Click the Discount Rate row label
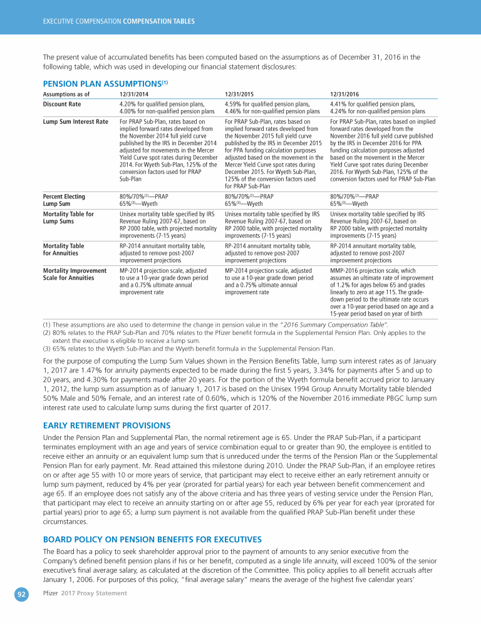[x=61, y=105]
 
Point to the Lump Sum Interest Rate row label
[x=75, y=122]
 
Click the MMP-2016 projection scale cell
[x=381, y=290]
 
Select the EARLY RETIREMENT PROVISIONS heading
[x=106, y=425]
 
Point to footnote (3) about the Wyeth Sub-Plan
[x=188, y=349]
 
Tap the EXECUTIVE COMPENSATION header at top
[x=118, y=21]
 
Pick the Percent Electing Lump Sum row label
[x=64, y=200]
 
